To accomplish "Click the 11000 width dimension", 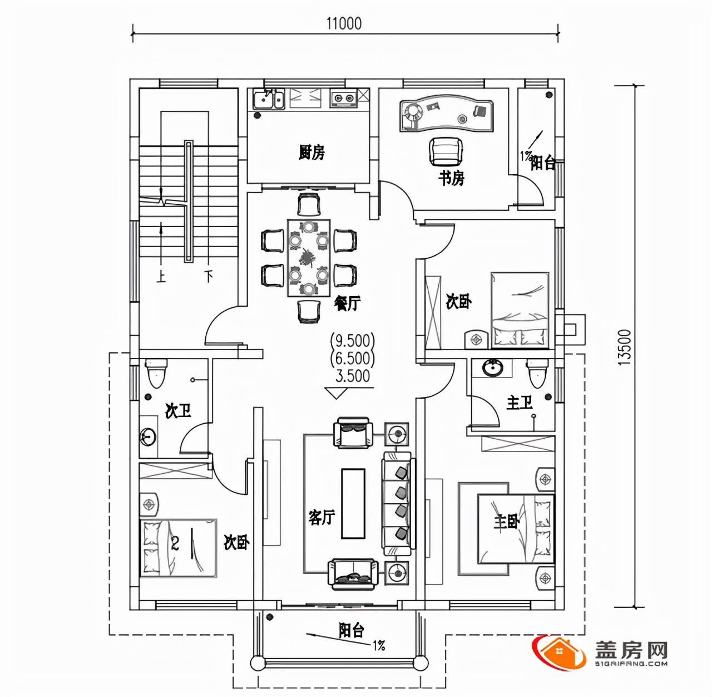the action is [344, 24].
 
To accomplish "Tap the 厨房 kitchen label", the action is [311, 153].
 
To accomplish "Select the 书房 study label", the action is [451, 179].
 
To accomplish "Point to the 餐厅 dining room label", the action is [347, 303].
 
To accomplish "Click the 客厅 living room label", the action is [322, 518].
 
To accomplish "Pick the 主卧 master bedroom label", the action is [506, 522].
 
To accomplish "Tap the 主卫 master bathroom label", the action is [519, 403].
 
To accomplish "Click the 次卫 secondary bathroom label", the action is [178, 411].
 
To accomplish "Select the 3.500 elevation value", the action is [353, 376].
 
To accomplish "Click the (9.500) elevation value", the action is [352, 340].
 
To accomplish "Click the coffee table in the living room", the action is [353, 504].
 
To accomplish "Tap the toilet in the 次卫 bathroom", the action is [156, 372].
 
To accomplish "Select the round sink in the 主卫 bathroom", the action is [492, 367].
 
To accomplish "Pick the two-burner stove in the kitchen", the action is [343, 98].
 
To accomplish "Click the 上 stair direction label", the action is [161, 277].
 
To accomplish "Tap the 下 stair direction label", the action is [209, 277].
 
